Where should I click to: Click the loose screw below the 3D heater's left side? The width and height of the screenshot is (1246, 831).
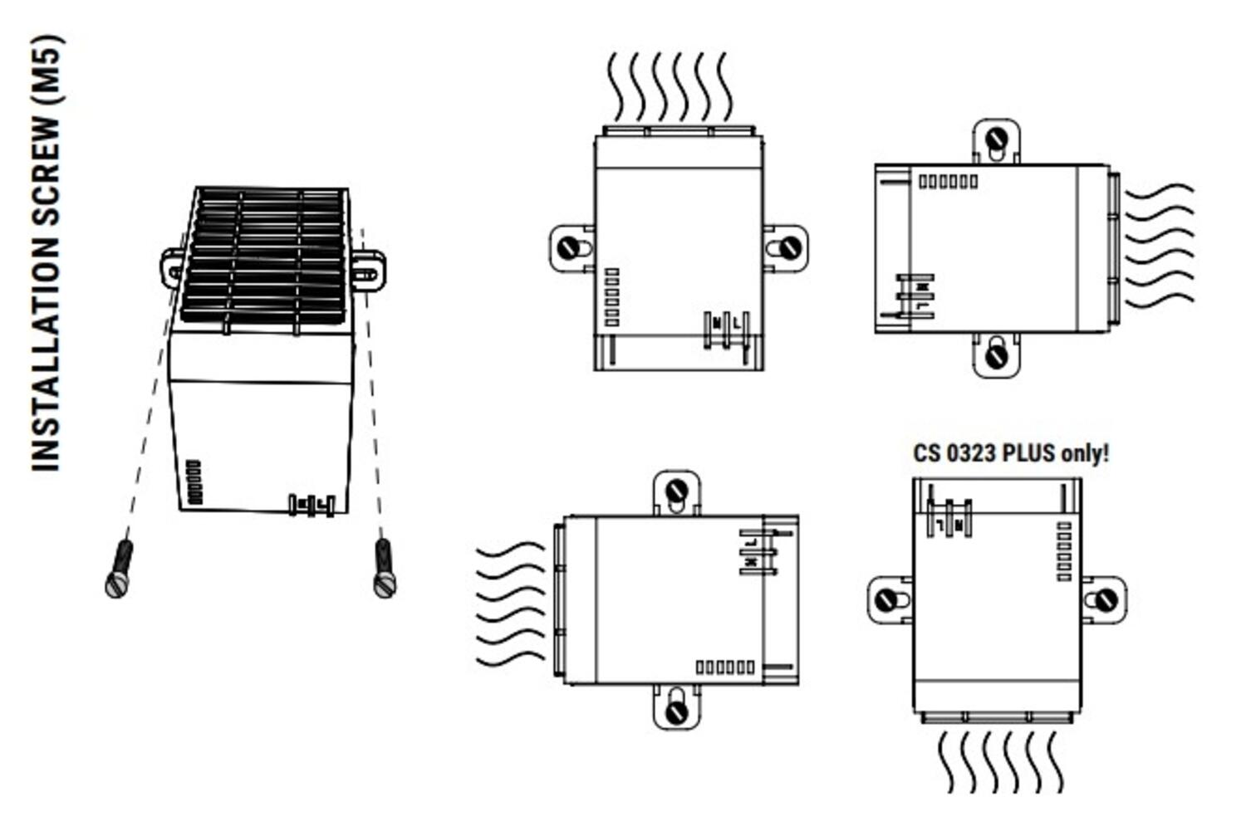tap(120, 569)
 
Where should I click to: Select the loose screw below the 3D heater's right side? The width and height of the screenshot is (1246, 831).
tap(385, 568)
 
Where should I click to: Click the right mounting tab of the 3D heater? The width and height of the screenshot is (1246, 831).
tap(367, 271)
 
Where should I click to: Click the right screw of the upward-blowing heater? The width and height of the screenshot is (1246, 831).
tap(789, 247)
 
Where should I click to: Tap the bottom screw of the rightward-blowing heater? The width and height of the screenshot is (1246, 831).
tap(996, 357)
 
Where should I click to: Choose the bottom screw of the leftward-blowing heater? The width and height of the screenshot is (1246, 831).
tap(677, 711)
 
